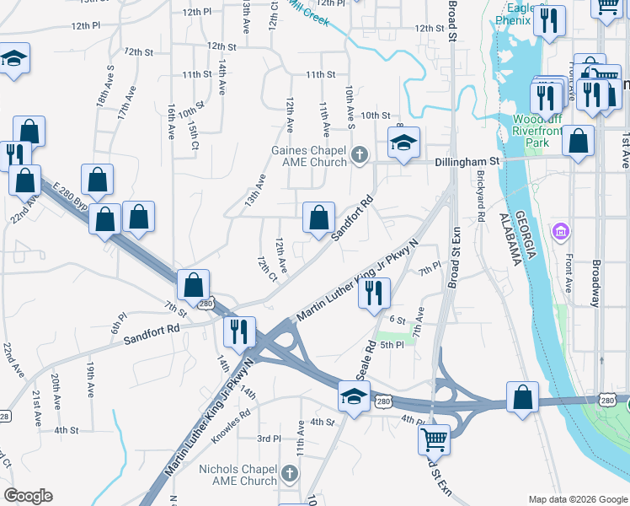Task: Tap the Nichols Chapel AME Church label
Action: click(237, 475)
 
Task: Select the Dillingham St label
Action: click(467, 160)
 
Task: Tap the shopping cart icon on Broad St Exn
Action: click(434, 438)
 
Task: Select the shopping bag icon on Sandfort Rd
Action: click(318, 218)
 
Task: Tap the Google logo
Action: click(28, 496)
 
